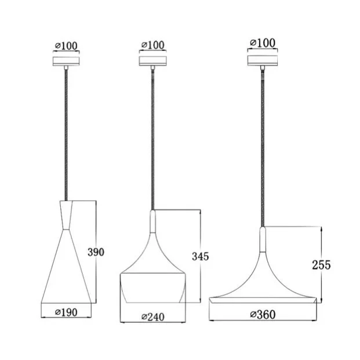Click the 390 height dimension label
point(96,252)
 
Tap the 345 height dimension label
point(201,256)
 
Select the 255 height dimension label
point(321,265)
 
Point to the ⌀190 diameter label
point(66,312)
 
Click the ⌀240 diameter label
point(153,317)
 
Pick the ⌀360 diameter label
point(263,315)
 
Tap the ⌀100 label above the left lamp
point(66,46)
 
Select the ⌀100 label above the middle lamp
point(153,45)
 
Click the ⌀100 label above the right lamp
point(263,43)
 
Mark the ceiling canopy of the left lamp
point(66,61)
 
